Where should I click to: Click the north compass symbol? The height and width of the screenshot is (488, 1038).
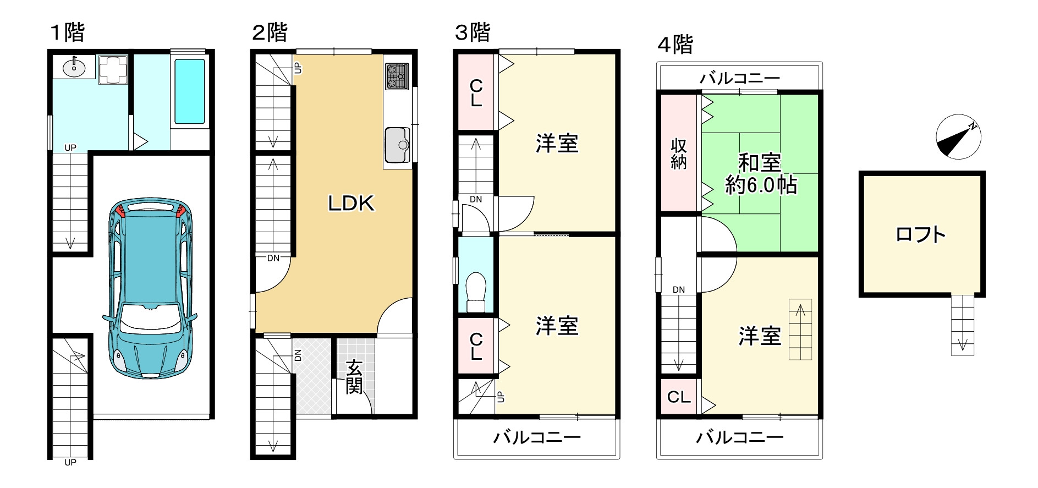[958, 138]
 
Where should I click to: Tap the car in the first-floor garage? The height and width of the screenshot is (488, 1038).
[150, 289]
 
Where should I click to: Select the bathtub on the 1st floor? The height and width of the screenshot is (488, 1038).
[190, 91]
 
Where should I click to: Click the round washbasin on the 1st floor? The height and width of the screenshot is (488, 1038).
[74, 68]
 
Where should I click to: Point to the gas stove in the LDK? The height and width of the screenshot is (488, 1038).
[397, 76]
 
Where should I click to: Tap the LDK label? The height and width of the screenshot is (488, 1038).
[351, 204]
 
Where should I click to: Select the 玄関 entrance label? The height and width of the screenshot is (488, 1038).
[354, 377]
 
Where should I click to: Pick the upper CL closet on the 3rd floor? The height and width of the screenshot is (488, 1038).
[476, 92]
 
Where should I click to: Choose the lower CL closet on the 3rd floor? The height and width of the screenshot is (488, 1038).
[476, 347]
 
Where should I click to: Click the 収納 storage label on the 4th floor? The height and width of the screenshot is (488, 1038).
[678, 154]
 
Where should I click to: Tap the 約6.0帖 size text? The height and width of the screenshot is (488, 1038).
[761, 185]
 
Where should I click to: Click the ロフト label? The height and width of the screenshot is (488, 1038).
[921, 235]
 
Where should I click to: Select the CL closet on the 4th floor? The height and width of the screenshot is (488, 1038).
[678, 397]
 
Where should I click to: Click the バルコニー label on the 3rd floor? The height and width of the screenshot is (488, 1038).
[537, 438]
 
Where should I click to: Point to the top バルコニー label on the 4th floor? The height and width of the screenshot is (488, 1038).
[739, 78]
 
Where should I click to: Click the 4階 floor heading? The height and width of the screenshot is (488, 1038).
[675, 45]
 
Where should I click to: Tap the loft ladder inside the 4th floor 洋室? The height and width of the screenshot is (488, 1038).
[800, 330]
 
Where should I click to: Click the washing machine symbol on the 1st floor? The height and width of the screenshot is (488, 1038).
[113, 70]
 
